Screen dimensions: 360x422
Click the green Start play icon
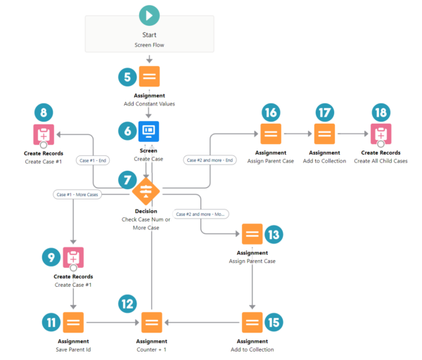click(149, 15)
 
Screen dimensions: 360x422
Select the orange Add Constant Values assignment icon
click(149, 77)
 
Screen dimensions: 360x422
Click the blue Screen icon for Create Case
click(149, 131)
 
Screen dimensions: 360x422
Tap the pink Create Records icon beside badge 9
click(73, 258)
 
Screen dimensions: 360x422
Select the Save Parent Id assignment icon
click(73, 323)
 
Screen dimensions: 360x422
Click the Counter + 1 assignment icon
click(150, 323)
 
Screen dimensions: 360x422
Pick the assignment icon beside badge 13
click(252, 234)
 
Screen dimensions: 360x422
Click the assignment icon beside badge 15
click(252, 323)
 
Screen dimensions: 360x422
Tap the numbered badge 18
click(381, 112)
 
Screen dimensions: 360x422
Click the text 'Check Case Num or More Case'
click(146, 224)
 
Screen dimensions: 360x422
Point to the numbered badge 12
click(127, 304)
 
